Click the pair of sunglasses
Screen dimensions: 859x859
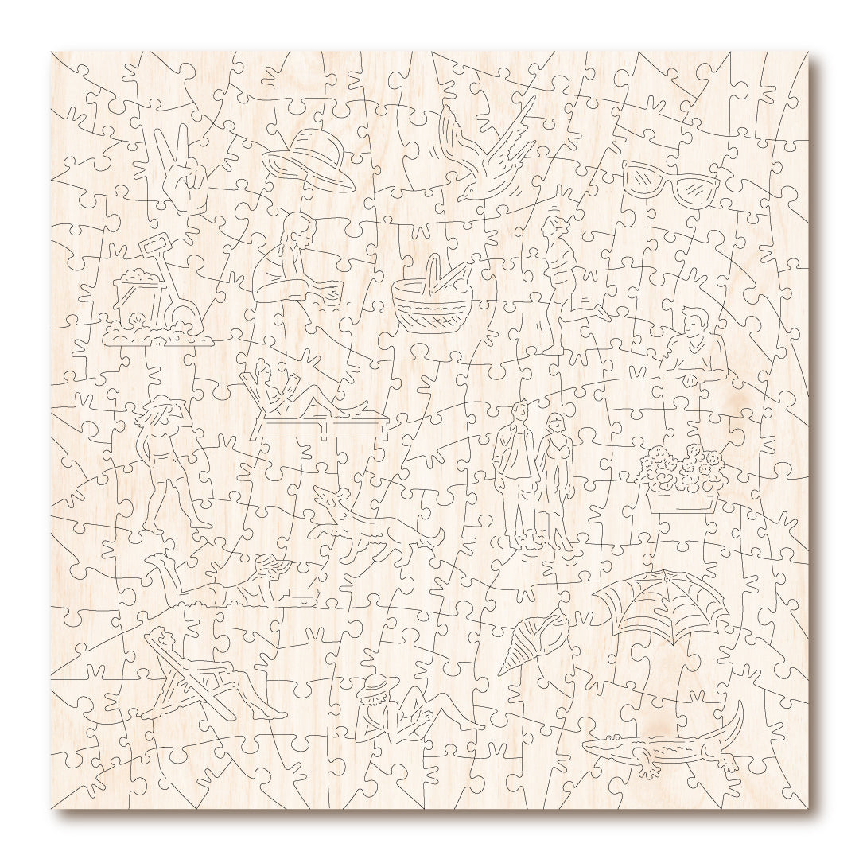pos(670,184)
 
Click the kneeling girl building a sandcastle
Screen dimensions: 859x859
pos(290,266)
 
